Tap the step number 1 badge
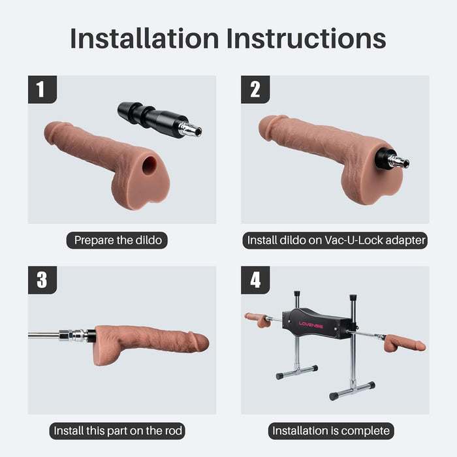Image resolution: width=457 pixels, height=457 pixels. click(x=42, y=89)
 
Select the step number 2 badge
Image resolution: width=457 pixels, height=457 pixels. click(x=255, y=89)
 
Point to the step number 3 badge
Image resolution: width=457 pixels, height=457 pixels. click(x=42, y=280)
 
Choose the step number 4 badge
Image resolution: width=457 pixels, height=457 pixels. click(x=255, y=280)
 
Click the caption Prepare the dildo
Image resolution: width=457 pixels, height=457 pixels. click(x=118, y=240)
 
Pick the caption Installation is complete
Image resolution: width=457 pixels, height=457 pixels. click(x=330, y=431)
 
